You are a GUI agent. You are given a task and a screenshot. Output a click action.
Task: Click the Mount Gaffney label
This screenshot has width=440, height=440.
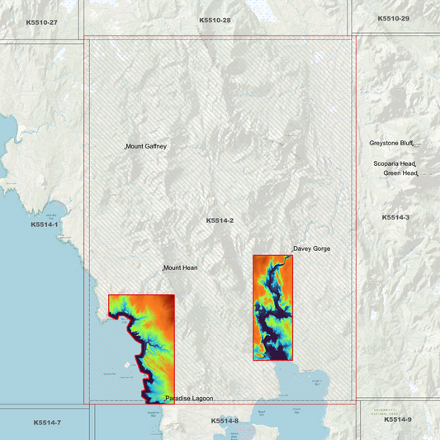click(147, 146)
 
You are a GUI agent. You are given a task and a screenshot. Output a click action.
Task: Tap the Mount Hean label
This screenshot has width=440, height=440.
click(181, 267)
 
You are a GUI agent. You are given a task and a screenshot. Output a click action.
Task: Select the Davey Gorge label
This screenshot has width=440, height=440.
click(312, 248)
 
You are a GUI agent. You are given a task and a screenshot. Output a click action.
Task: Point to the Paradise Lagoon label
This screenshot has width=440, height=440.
click(190, 399)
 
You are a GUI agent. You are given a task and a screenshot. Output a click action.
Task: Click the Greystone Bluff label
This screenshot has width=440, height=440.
click(390, 143)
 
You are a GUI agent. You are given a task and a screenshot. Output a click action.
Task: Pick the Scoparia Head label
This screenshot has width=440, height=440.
click(394, 163)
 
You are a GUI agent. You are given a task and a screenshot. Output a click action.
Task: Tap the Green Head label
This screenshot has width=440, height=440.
click(400, 173)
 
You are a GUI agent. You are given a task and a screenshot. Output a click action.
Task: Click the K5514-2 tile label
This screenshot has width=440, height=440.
click(220, 220)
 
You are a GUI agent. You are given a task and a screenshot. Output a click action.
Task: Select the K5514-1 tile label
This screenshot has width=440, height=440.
click(45, 225)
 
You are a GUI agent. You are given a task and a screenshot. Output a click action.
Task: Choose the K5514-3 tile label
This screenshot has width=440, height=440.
click(395, 217)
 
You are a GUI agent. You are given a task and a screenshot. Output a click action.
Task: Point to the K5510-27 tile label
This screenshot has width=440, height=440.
click(41, 21)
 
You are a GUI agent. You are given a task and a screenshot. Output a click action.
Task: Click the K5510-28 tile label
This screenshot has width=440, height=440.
click(215, 19)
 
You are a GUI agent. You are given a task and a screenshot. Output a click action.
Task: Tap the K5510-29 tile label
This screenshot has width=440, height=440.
click(393, 18)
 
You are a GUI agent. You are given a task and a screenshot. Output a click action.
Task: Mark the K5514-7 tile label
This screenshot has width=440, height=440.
click(47, 423)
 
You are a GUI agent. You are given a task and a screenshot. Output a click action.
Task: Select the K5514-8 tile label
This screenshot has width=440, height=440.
click(225, 421)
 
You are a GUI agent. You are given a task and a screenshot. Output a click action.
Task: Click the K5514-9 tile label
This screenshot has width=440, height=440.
click(397, 420)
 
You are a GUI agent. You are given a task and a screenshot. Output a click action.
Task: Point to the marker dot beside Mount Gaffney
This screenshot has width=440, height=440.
click(125, 148)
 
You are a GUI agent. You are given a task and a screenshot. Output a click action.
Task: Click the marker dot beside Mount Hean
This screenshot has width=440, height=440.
click(163, 269)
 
